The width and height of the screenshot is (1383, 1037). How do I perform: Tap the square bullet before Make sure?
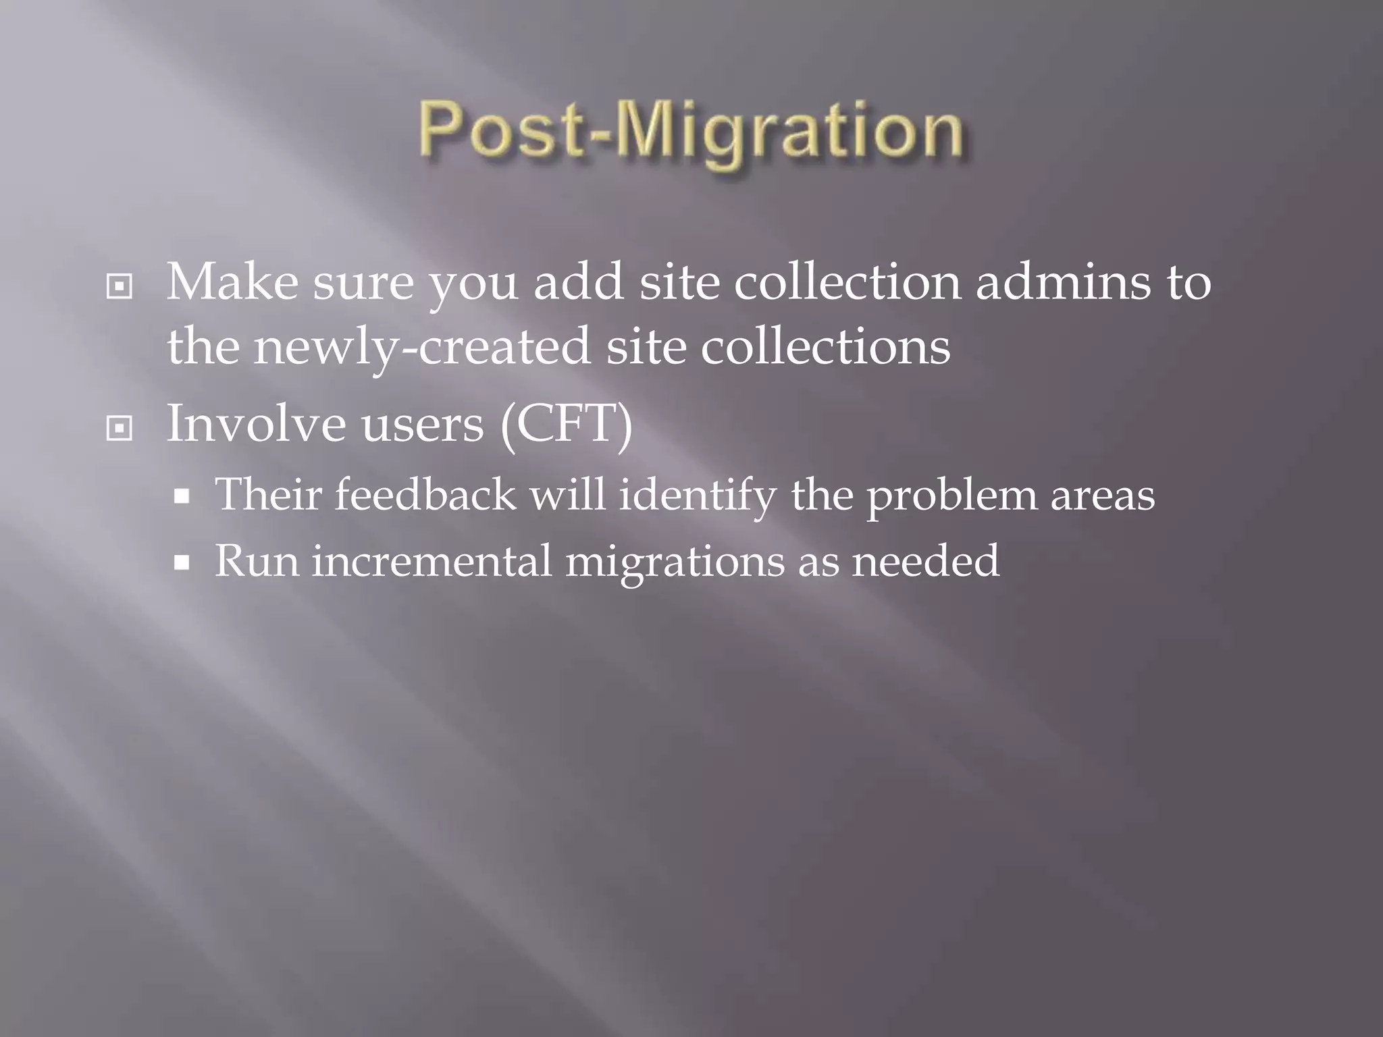point(120,287)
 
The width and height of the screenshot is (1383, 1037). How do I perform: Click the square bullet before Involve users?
point(120,428)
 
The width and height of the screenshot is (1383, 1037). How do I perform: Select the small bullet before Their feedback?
point(181,498)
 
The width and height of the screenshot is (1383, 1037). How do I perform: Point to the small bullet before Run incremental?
point(181,563)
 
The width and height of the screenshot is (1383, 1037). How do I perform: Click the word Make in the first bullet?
point(232,282)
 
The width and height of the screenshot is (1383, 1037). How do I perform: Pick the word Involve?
point(256,423)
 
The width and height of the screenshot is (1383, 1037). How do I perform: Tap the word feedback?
point(425,494)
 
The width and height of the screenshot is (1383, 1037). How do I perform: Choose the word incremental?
point(432,560)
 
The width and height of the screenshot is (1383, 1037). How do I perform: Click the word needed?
point(925,560)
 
